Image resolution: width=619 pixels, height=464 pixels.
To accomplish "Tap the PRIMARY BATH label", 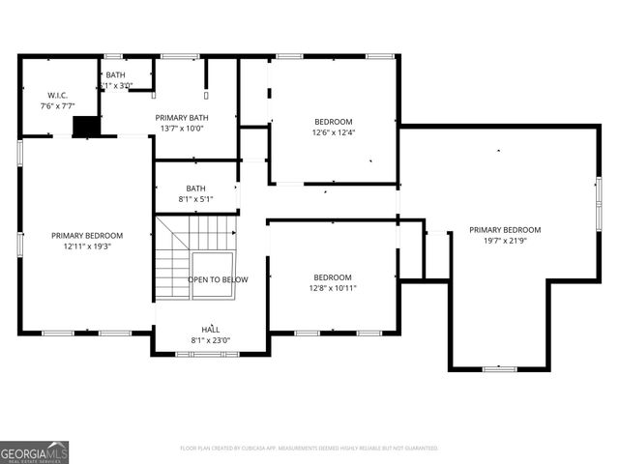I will [x=183, y=117].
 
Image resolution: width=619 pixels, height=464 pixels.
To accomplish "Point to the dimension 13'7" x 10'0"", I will [x=183, y=129].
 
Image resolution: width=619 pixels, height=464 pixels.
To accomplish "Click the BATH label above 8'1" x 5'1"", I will [x=196, y=188].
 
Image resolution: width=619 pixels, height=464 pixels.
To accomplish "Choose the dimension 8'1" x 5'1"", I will [x=196, y=200].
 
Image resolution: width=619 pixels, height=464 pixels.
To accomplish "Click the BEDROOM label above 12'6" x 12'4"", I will [x=333, y=121].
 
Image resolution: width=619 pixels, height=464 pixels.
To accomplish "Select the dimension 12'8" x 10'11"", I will [x=333, y=288].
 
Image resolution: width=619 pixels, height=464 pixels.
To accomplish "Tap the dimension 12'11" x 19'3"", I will [x=87, y=246].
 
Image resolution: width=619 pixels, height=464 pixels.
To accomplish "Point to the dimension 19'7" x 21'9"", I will [x=505, y=241].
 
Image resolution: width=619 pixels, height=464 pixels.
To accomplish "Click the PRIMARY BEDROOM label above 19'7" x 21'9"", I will [x=505, y=230].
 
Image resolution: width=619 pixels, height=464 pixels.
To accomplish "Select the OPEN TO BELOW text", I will [x=218, y=279].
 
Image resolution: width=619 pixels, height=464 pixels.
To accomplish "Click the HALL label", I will [x=211, y=329].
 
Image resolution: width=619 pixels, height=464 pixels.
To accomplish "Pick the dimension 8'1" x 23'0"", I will [x=211, y=340].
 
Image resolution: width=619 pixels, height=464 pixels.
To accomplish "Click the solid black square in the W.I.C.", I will [x=87, y=127].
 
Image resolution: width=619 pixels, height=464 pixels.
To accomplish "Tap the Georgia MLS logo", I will [x=35, y=451].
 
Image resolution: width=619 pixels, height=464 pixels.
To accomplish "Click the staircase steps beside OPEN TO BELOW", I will [x=174, y=253].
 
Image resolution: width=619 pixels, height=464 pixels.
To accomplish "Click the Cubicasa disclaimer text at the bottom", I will [x=309, y=449].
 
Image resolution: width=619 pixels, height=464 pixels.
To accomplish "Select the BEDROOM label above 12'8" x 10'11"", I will [x=333, y=276].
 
